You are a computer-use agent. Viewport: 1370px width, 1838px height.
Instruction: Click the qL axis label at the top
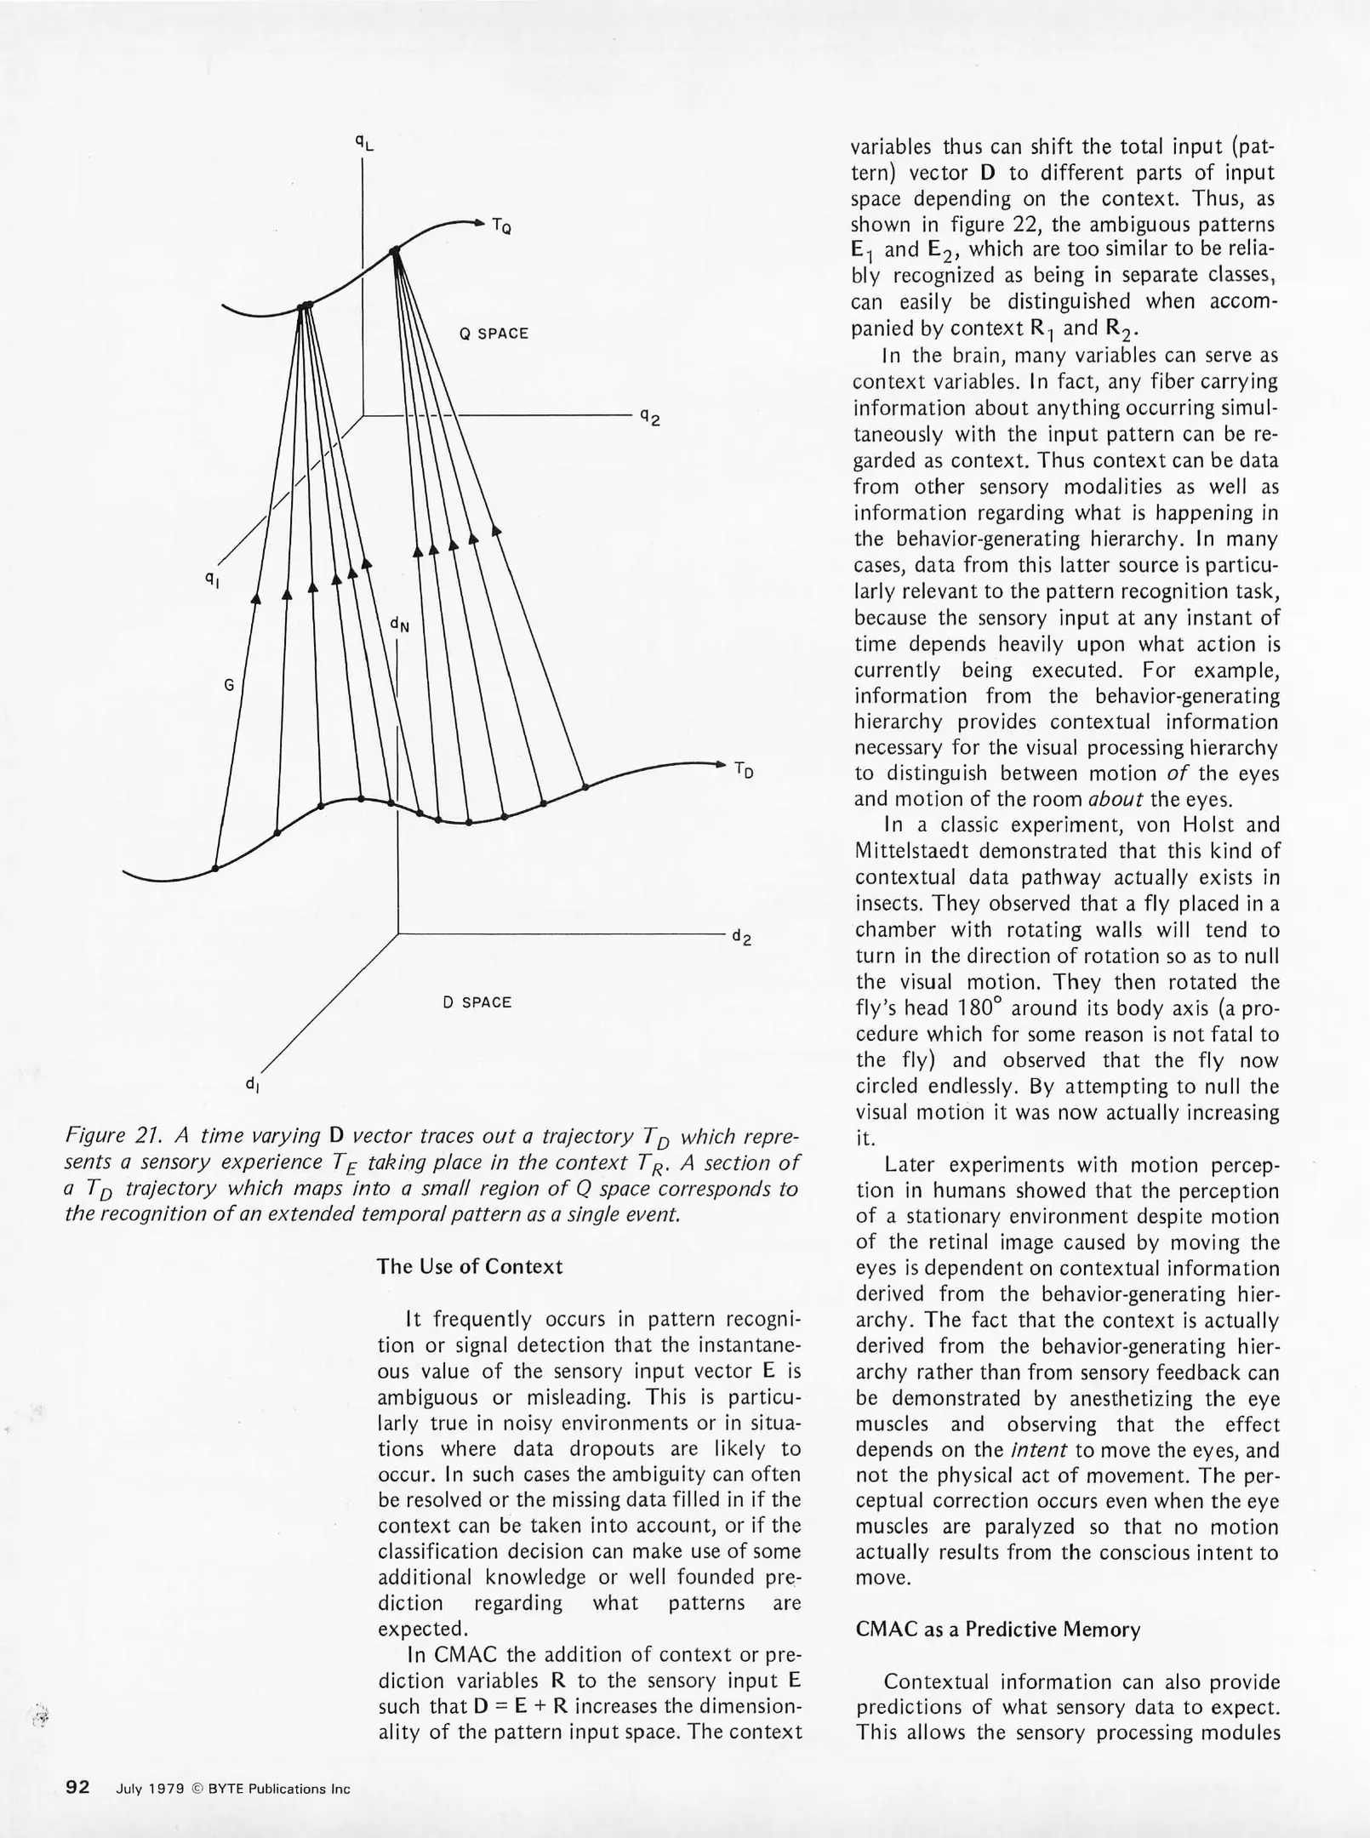pyautogui.click(x=364, y=143)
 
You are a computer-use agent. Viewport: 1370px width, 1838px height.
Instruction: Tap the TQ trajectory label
pyautogui.click(x=501, y=226)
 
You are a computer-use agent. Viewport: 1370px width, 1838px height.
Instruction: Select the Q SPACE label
pyautogui.click(x=494, y=334)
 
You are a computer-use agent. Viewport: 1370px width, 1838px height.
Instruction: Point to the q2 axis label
pyautogui.click(x=650, y=417)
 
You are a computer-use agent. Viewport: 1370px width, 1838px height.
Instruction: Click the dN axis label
pyautogui.click(x=399, y=625)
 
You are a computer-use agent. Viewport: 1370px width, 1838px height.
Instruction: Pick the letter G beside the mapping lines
pyautogui.click(x=228, y=684)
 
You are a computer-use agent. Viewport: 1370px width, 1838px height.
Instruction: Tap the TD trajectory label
pyautogui.click(x=744, y=770)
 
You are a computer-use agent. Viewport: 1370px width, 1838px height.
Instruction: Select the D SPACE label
pyautogui.click(x=477, y=1002)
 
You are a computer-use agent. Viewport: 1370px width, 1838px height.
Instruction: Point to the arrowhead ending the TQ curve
pyautogui.click(x=477, y=223)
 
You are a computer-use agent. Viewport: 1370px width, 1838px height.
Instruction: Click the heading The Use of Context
pyautogui.click(x=470, y=1266)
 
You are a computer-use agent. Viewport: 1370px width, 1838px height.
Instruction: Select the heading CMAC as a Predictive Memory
pyautogui.click(x=997, y=1630)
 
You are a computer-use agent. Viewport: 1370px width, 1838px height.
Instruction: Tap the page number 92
pyautogui.click(x=78, y=1787)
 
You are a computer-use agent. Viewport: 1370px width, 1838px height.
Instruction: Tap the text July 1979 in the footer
pyautogui.click(x=150, y=1789)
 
